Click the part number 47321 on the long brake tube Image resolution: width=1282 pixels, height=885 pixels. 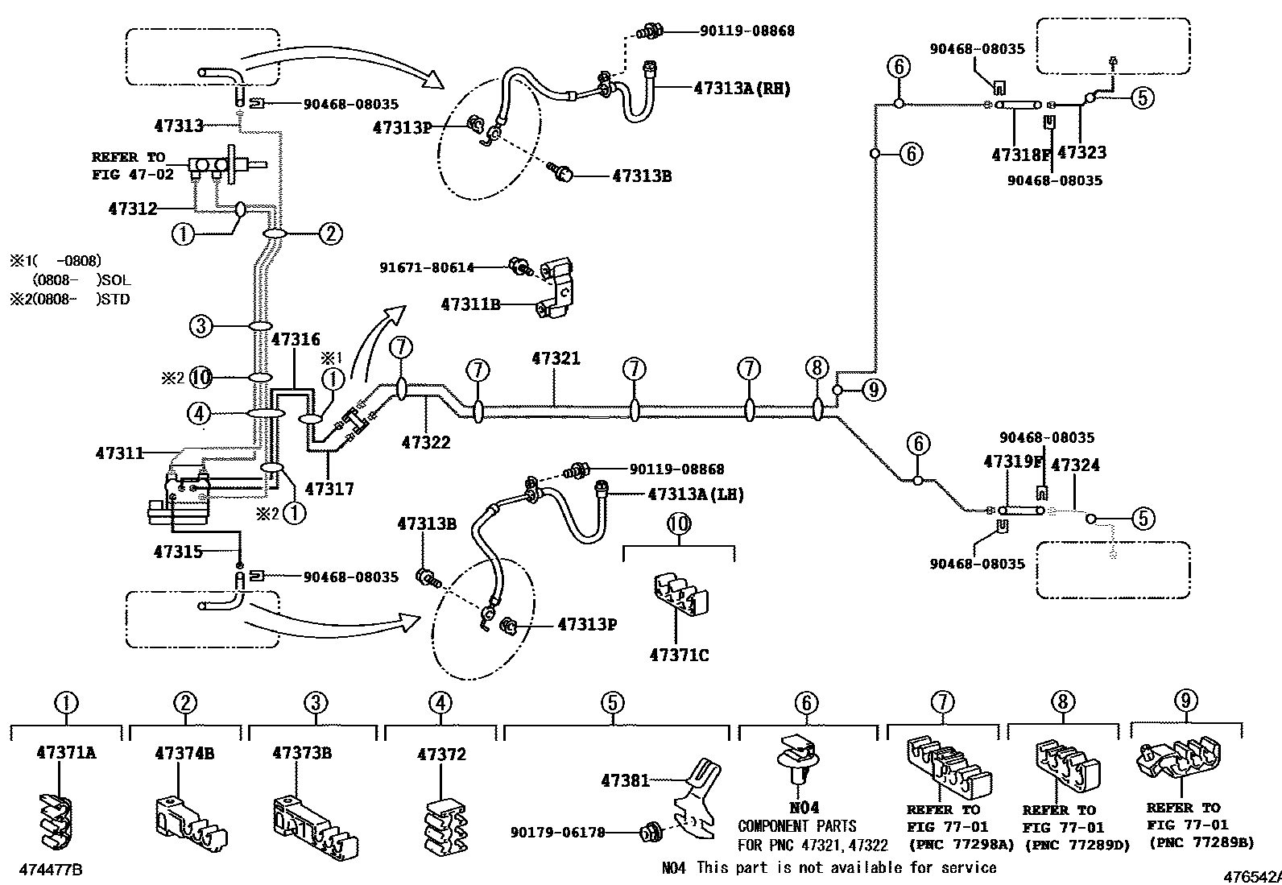point(556,358)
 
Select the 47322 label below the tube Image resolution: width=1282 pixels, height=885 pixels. point(426,442)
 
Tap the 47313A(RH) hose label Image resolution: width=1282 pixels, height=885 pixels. point(742,89)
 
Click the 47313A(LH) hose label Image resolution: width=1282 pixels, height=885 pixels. point(696,494)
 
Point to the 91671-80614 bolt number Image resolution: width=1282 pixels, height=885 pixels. point(427,267)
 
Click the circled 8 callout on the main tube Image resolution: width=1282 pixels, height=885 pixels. point(817,369)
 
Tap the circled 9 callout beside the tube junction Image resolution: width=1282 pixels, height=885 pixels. point(874,391)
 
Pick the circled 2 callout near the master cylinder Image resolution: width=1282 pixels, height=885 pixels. point(329,234)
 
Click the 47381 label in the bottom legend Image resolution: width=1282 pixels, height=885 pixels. point(624,780)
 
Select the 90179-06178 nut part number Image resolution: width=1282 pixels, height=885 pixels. point(557,833)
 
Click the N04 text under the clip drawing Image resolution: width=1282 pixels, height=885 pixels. point(804,807)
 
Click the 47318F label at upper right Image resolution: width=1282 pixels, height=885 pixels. point(1021,154)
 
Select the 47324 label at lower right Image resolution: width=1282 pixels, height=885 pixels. point(1075,465)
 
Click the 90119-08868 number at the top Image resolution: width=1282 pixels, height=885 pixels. point(746,31)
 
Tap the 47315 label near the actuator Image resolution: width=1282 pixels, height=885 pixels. point(178,552)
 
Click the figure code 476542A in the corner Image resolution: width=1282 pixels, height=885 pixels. point(1252,877)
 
